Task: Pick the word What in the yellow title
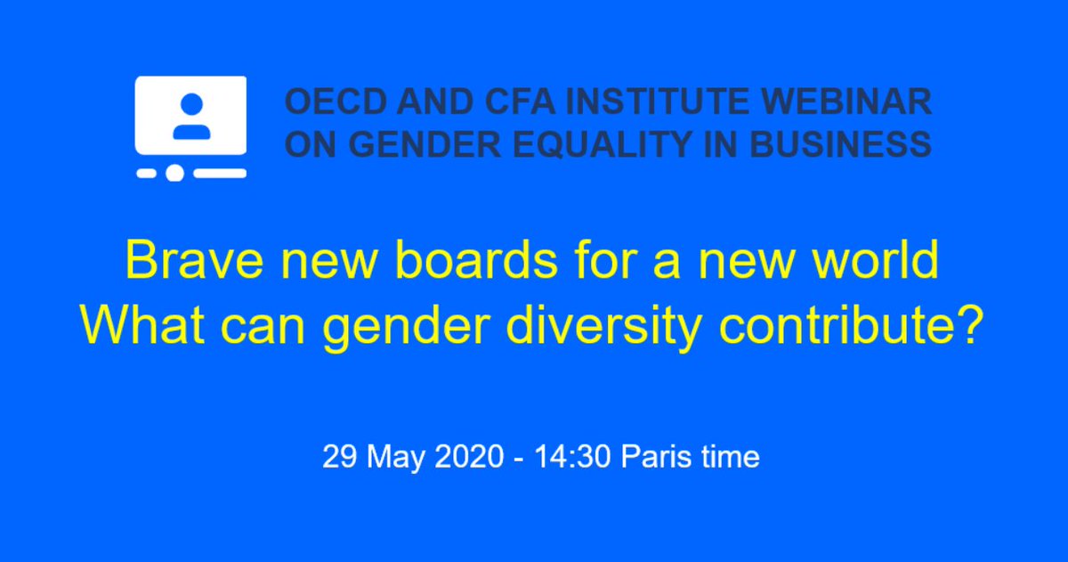[x=140, y=327]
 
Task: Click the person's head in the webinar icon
[x=190, y=104]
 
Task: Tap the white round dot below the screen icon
[x=175, y=173]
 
